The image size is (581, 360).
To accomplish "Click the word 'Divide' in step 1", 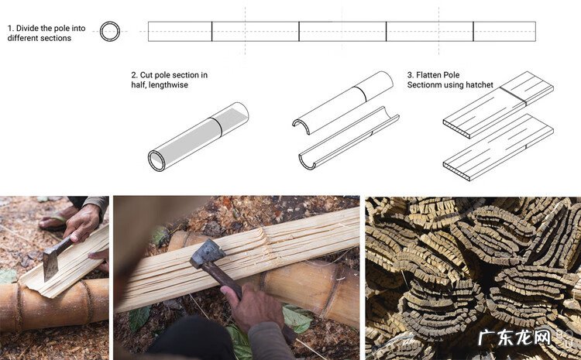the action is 27,28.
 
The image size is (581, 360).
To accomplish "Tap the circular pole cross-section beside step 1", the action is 110,22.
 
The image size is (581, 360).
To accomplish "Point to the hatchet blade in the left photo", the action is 50,266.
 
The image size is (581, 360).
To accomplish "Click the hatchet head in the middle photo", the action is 208,255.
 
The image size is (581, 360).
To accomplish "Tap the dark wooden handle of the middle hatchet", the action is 222,280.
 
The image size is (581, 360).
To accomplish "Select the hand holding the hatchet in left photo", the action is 81,223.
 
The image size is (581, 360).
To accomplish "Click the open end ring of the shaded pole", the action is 156,161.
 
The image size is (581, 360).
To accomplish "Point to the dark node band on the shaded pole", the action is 216,127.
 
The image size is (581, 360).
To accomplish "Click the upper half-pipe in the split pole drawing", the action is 342,103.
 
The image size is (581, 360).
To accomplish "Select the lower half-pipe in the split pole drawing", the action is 349,138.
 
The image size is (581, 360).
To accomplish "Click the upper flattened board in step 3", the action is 498,105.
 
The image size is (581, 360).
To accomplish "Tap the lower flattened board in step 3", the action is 498,147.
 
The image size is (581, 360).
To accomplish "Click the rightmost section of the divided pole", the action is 504,32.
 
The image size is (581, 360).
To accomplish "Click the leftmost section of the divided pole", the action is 180,32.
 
